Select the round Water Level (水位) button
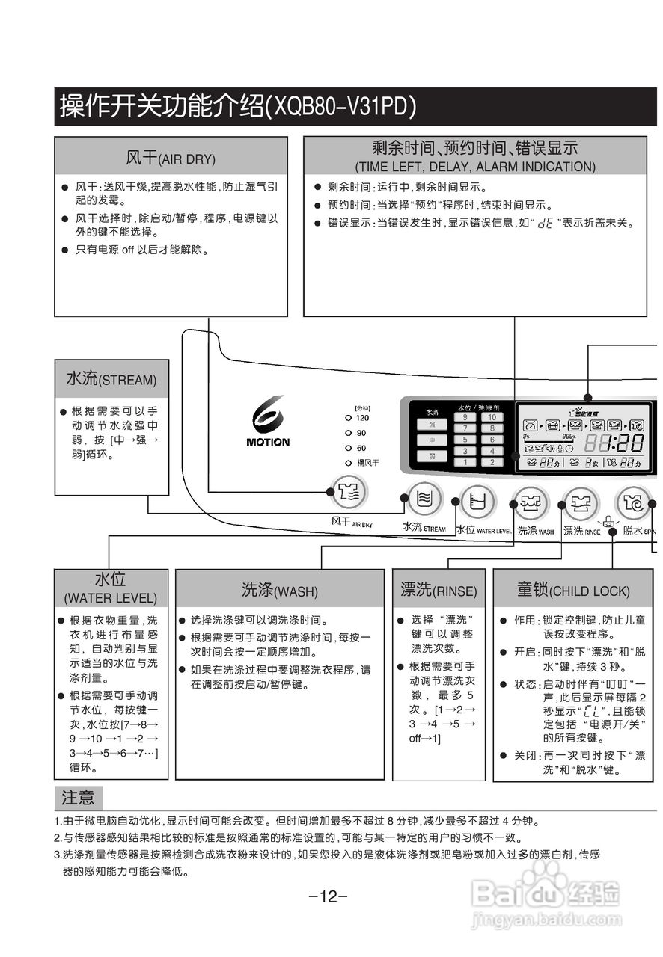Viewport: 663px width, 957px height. (x=477, y=501)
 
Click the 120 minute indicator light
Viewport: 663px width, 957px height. (x=349, y=418)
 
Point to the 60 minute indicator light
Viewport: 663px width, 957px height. (x=349, y=448)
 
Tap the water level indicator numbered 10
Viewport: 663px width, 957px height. (x=492, y=417)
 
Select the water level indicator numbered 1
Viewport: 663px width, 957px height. (x=465, y=462)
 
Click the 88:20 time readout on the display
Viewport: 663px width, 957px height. (x=614, y=443)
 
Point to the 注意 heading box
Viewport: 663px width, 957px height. (x=78, y=798)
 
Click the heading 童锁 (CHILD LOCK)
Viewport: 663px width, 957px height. (x=572, y=590)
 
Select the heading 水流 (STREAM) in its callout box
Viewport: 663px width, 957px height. (x=111, y=379)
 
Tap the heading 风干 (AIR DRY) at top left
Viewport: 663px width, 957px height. (x=171, y=158)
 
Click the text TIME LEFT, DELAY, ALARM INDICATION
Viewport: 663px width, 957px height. (x=475, y=167)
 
